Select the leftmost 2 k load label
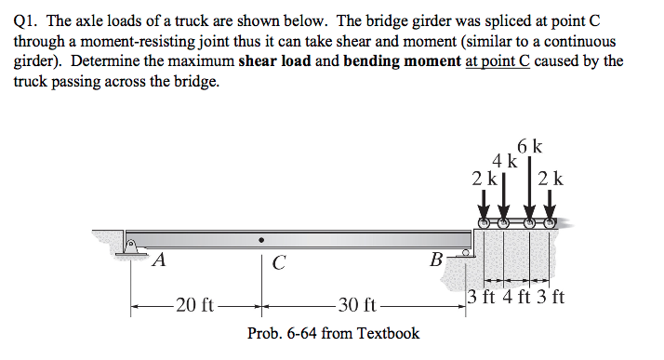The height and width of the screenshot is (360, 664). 482,177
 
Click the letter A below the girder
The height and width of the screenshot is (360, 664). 159,260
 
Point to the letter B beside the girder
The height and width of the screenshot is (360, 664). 435,260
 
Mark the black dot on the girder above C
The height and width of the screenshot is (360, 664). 262,238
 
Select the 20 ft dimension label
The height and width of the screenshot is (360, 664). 195,304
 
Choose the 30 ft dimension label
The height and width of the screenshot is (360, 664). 356,304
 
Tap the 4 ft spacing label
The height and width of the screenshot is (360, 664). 516,299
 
